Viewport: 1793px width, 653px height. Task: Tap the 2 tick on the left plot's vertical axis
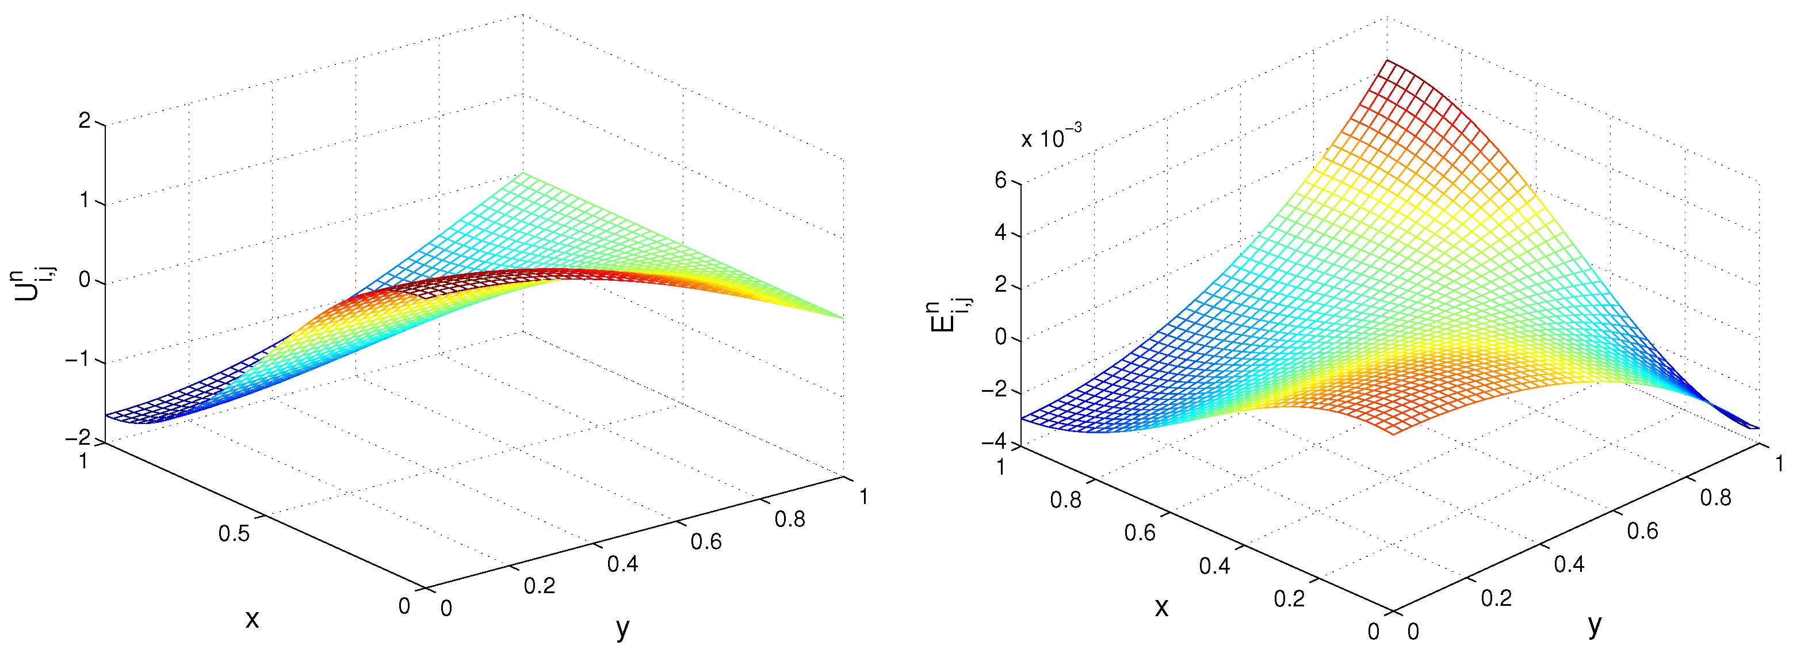(85, 122)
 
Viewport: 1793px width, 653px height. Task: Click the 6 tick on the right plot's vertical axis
(1001, 180)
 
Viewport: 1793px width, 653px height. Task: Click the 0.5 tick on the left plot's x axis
(234, 534)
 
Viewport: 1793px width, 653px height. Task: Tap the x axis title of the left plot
(252, 617)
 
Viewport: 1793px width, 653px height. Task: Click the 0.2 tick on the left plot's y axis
(540, 586)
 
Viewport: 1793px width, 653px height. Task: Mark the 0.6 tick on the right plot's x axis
(1140, 533)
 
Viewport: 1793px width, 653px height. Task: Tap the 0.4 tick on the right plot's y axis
(1570, 564)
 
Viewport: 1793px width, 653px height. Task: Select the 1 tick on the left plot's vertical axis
(85, 201)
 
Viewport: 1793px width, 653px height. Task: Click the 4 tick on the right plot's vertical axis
(1001, 232)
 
